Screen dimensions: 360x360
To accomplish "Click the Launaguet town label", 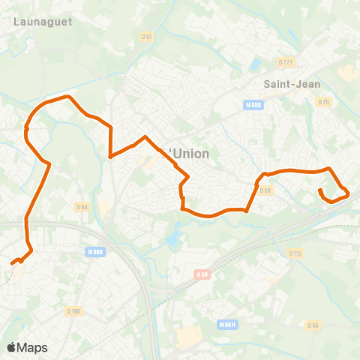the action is coord(43,22).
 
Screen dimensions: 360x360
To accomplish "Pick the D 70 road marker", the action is coord(324,102).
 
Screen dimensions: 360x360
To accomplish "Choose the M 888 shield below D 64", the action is coord(94,252).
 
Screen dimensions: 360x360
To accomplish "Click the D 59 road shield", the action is coord(265,190).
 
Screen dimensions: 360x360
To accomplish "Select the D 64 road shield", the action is coord(82,206).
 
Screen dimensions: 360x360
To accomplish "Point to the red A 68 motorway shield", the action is coord(201,275).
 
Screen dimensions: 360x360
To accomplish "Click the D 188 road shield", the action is coord(73,311).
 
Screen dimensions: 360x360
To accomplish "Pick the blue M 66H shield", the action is coord(228,324).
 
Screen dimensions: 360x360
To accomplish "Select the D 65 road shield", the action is coord(313,325).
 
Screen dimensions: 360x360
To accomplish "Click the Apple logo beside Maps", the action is coord(11,347).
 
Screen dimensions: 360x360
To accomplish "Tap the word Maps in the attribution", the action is coord(33,347).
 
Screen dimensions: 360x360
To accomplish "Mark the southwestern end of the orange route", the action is coord(12,263).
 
